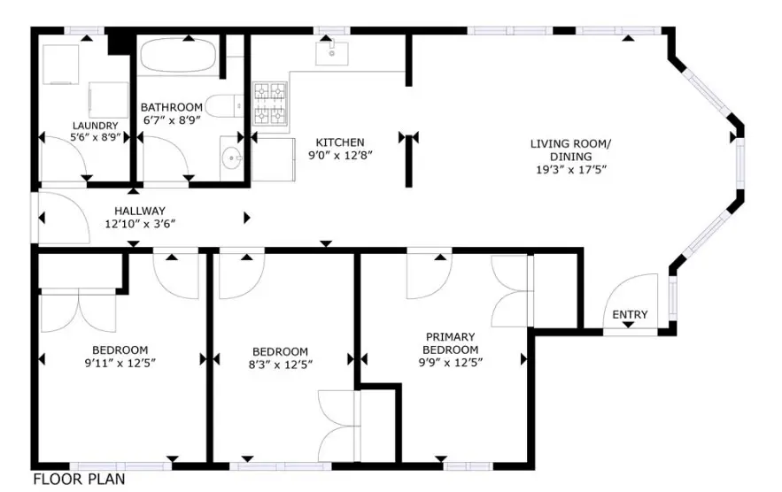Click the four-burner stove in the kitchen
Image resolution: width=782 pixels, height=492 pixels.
pos(271,104)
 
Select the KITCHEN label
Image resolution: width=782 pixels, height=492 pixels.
pos(340,142)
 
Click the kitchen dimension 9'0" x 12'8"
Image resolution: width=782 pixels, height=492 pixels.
pos(340,155)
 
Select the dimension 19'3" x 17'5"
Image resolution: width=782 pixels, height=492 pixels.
pos(570,169)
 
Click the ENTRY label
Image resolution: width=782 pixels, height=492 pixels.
pos(630,314)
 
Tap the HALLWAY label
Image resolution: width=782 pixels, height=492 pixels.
pos(139,211)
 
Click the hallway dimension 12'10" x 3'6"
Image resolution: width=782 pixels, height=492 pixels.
pos(139,224)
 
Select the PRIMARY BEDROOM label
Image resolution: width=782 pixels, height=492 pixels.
pos(451,342)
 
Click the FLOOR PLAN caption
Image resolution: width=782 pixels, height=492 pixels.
pos(79,480)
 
